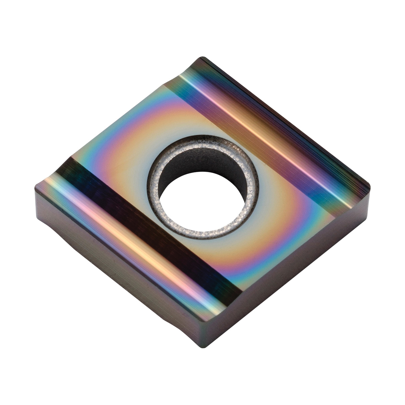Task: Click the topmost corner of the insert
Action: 202,58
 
